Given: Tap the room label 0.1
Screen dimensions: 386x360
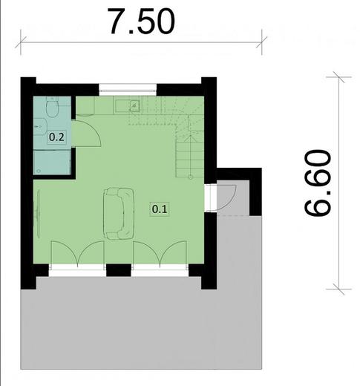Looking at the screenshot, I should (x=160, y=209).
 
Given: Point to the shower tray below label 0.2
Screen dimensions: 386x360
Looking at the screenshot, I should (x=52, y=162).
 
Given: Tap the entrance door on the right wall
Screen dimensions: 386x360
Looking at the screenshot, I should (x=223, y=197).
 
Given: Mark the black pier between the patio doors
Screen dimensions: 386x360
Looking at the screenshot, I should (x=119, y=269).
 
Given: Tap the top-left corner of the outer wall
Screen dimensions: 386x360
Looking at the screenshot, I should (x=27, y=82).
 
